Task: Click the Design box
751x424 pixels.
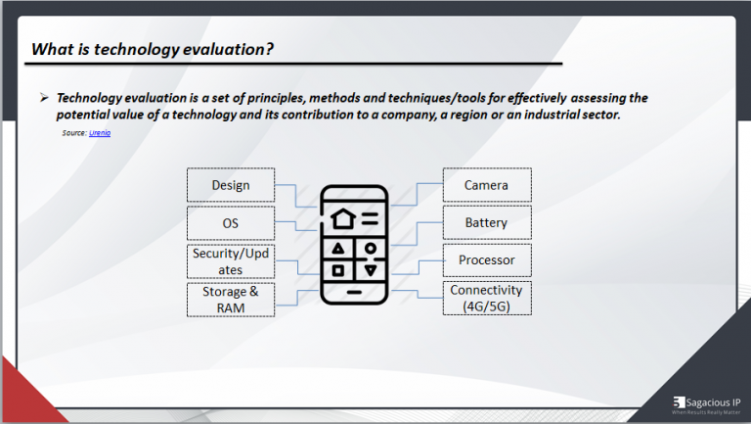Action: pyautogui.click(x=231, y=185)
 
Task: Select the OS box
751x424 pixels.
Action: pyautogui.click(x=231, y=223)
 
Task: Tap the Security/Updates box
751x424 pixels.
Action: pyautogui.click(x=231, y=261)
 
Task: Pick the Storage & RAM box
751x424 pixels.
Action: pyautogui.click(x=231, y=300)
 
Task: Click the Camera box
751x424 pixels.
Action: pyautogui.click(x=486, y=185)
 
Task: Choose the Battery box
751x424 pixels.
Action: pyautogui.click(x=486, y=223)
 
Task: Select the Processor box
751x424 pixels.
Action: pyautogui.click(x=486, y=260)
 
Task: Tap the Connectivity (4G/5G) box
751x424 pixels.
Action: pyautogui.click(x=486, y=299)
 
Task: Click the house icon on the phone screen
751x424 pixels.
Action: pyautogui.click(x=341, y=217)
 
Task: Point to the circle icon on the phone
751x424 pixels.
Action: pyautogui.click(x=369, y=248)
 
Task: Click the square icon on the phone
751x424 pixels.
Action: pyautogui.click(x=337, y=269)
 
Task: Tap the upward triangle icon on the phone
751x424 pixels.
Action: pyautogui.click(x=337, y=248)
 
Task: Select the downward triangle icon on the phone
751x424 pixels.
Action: pyautogui.click(x=370, y=269)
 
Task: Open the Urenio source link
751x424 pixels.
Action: pyautogui.click(x=100, y=132)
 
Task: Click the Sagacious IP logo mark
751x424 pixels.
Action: pyautogui.click(x=680, y=401)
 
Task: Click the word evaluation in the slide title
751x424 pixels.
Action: pyautogui.click(x=218, y=50)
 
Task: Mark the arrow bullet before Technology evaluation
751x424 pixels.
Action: pyautogui.click(x=44, y=98)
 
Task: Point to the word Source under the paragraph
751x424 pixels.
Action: pyautogui.click(x=73, y=132)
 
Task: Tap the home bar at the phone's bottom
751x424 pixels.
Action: pyautogui.click(x=353, y=292)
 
